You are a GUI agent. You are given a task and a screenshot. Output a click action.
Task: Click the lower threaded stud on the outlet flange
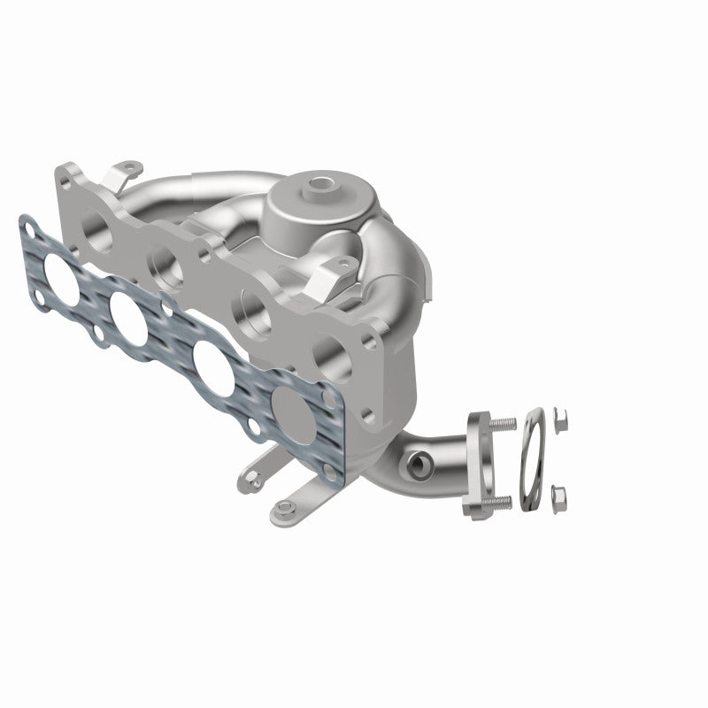coord(499,502)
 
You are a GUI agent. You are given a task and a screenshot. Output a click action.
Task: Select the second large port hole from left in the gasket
coord(129,311)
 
